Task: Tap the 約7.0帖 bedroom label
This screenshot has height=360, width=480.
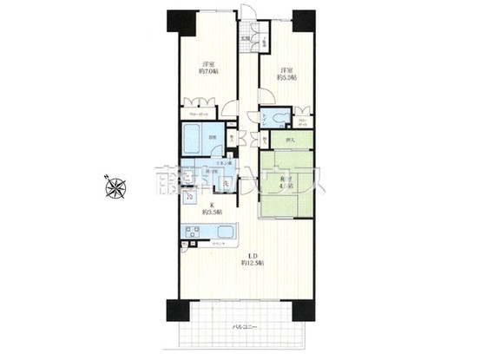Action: (x=209, y=69)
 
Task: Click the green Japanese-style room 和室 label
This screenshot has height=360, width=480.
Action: (x=284, y=183)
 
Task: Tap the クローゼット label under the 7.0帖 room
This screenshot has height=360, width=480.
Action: (x=197, y=114)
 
